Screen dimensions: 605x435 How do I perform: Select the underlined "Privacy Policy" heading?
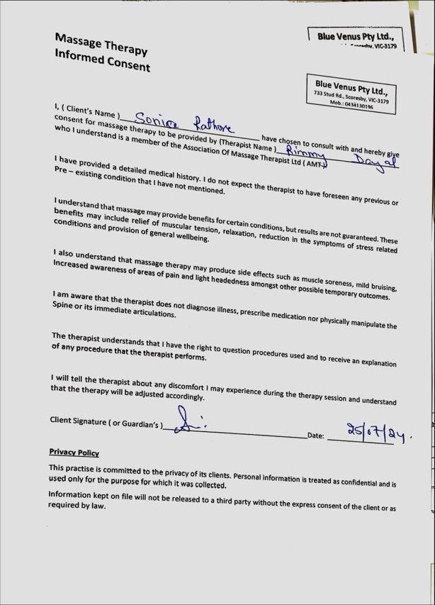(74, 453)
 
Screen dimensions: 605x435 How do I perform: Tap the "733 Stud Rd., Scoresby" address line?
(351, 98)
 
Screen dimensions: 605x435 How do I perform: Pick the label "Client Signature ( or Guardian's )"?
(106, 422)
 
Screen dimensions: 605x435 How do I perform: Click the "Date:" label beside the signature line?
(316, 435)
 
